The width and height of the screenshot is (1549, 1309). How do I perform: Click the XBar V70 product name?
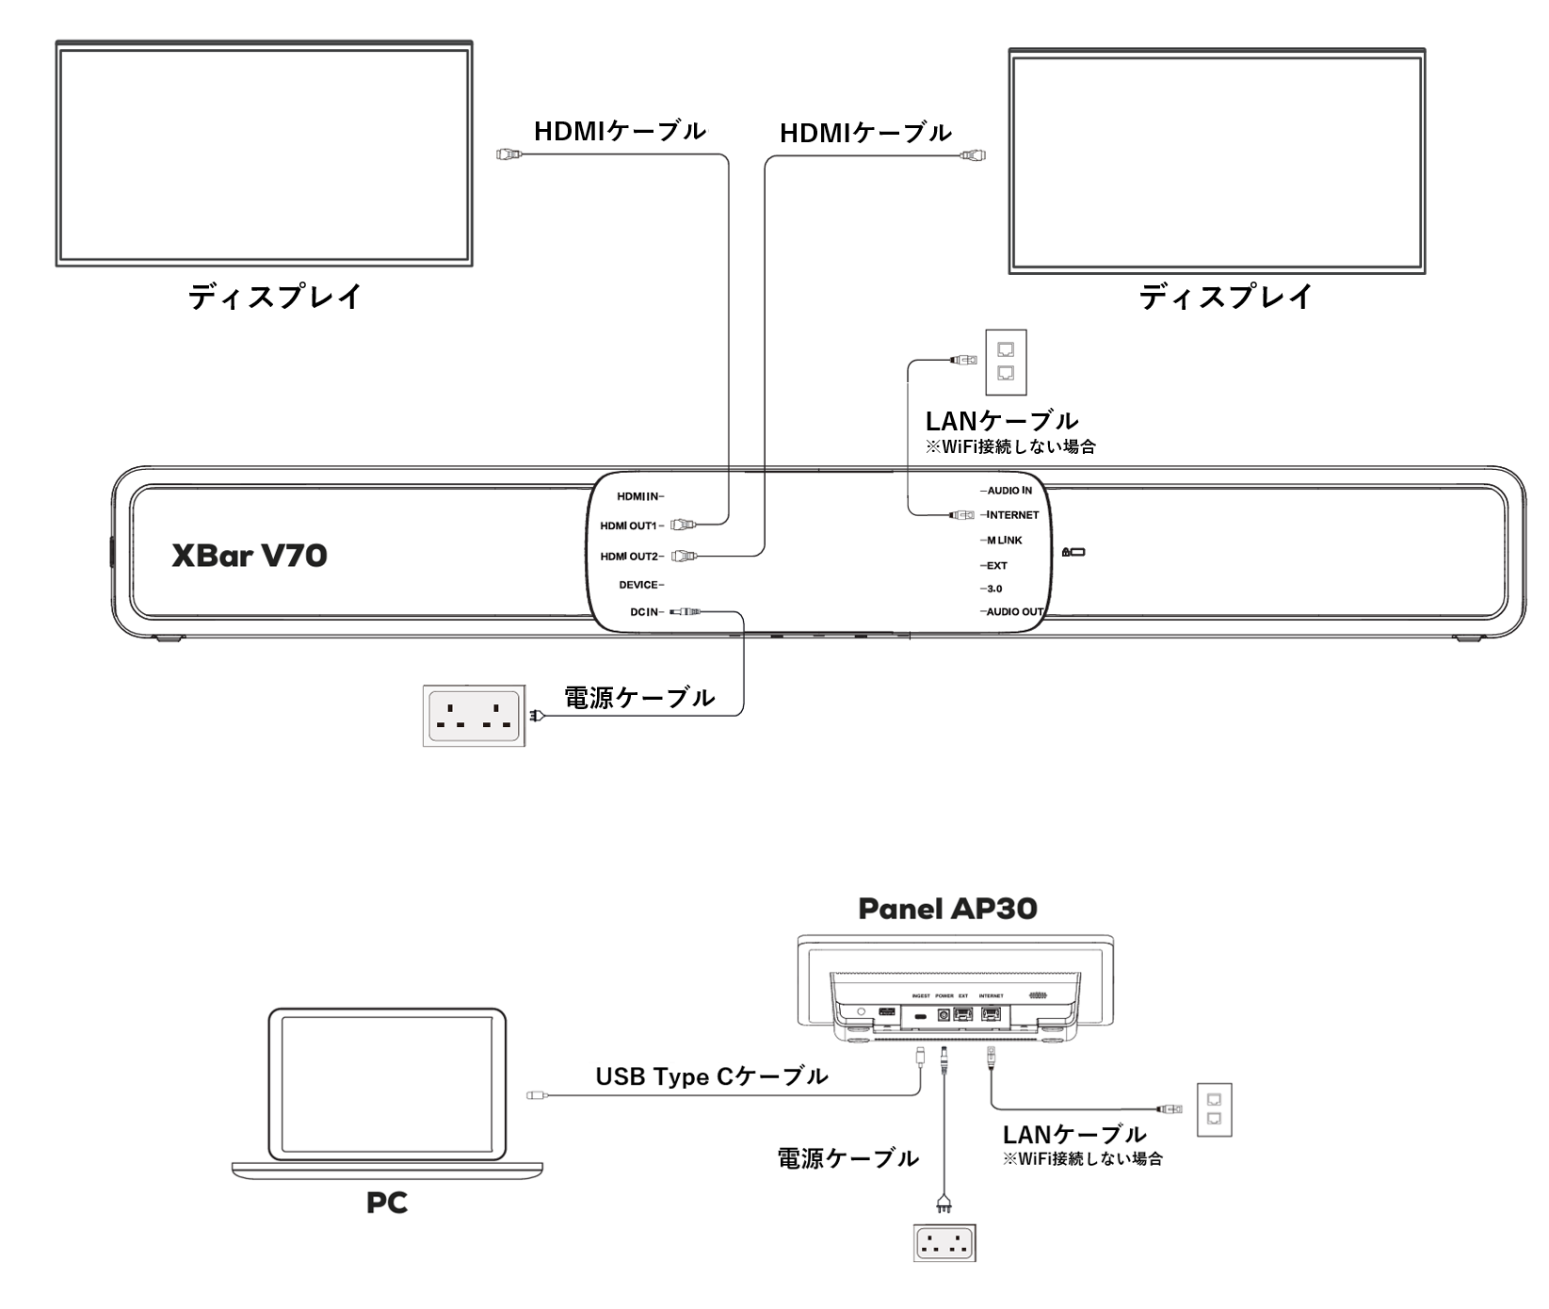[250, 556]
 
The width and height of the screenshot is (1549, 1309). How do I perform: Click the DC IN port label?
[646, 612]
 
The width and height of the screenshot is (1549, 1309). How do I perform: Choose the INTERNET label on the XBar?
[1011, 515]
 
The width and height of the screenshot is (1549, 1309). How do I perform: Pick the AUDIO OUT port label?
[1014, 612]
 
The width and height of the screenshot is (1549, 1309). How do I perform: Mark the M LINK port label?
[1004, 541]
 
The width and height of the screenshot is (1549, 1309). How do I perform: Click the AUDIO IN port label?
[1008, 491]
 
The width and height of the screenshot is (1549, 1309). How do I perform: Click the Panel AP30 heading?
[947, 909]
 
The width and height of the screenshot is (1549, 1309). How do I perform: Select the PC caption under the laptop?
[387, 1203]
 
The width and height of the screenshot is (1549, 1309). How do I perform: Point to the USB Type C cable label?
[712, 1076]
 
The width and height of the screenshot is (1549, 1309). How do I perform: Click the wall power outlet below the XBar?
[474, 716]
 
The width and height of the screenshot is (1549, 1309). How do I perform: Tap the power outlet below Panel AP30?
[944, 1242]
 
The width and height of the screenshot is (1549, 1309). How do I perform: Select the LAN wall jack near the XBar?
[1005, 362]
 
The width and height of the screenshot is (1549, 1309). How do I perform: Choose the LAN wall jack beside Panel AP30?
[1214, 1109]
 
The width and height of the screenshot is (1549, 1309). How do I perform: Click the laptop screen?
[386, 1086]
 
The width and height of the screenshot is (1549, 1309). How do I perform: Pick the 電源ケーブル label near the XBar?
[638, 698]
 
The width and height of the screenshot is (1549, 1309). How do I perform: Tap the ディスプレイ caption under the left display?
[275, 297]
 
